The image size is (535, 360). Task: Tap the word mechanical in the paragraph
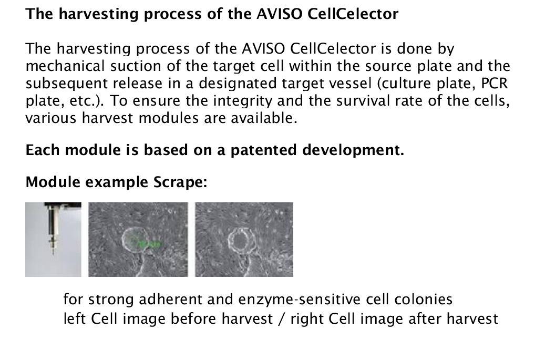point(65,66)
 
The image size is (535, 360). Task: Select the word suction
point(136,66)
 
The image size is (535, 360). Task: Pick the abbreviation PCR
point(495,83)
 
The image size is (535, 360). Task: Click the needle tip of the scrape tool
point(53,254)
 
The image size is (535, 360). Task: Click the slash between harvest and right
point(282,319)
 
